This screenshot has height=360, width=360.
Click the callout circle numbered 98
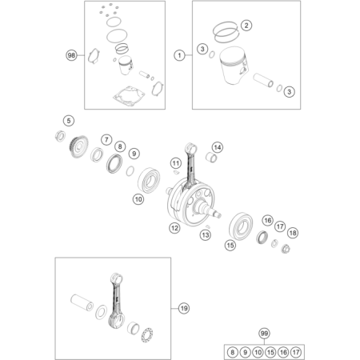pos(71,55)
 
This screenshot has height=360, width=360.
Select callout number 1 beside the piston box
pos(179,55)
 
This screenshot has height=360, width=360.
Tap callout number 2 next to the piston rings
pos(246,26)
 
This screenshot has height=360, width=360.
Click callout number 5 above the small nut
pos(69,121)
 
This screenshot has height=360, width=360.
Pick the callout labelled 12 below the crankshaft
pos(174,228)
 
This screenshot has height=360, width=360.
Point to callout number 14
pos(218,147)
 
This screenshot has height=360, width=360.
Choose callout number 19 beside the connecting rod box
pos(184,309)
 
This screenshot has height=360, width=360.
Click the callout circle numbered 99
pos(264,334)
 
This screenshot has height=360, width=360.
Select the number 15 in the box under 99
pos(270,352)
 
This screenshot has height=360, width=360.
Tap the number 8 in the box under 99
pos(232,352)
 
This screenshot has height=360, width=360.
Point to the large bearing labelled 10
pos(149,180)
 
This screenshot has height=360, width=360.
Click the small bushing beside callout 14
pos(211,158)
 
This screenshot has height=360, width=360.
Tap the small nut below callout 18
pos(286,249)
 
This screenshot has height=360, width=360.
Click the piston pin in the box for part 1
pos(263,80)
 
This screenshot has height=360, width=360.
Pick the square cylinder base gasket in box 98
pos(129,95)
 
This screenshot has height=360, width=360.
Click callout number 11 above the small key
pos(176,163)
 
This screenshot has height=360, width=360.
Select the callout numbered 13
pos(206,235)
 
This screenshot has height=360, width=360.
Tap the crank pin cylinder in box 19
pos(82,302)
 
